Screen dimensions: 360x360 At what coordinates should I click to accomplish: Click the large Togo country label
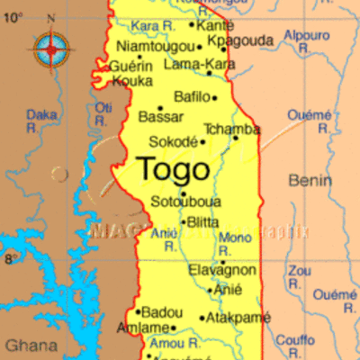175,168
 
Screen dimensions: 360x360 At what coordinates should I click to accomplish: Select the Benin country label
310,181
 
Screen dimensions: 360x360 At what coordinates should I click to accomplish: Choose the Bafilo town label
191,96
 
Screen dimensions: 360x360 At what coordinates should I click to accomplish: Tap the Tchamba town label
231,129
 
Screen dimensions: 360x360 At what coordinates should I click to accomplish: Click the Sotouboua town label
185,201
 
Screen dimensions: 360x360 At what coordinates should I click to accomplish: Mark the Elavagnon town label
221,270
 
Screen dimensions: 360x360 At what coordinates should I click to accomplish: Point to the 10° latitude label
13,17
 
